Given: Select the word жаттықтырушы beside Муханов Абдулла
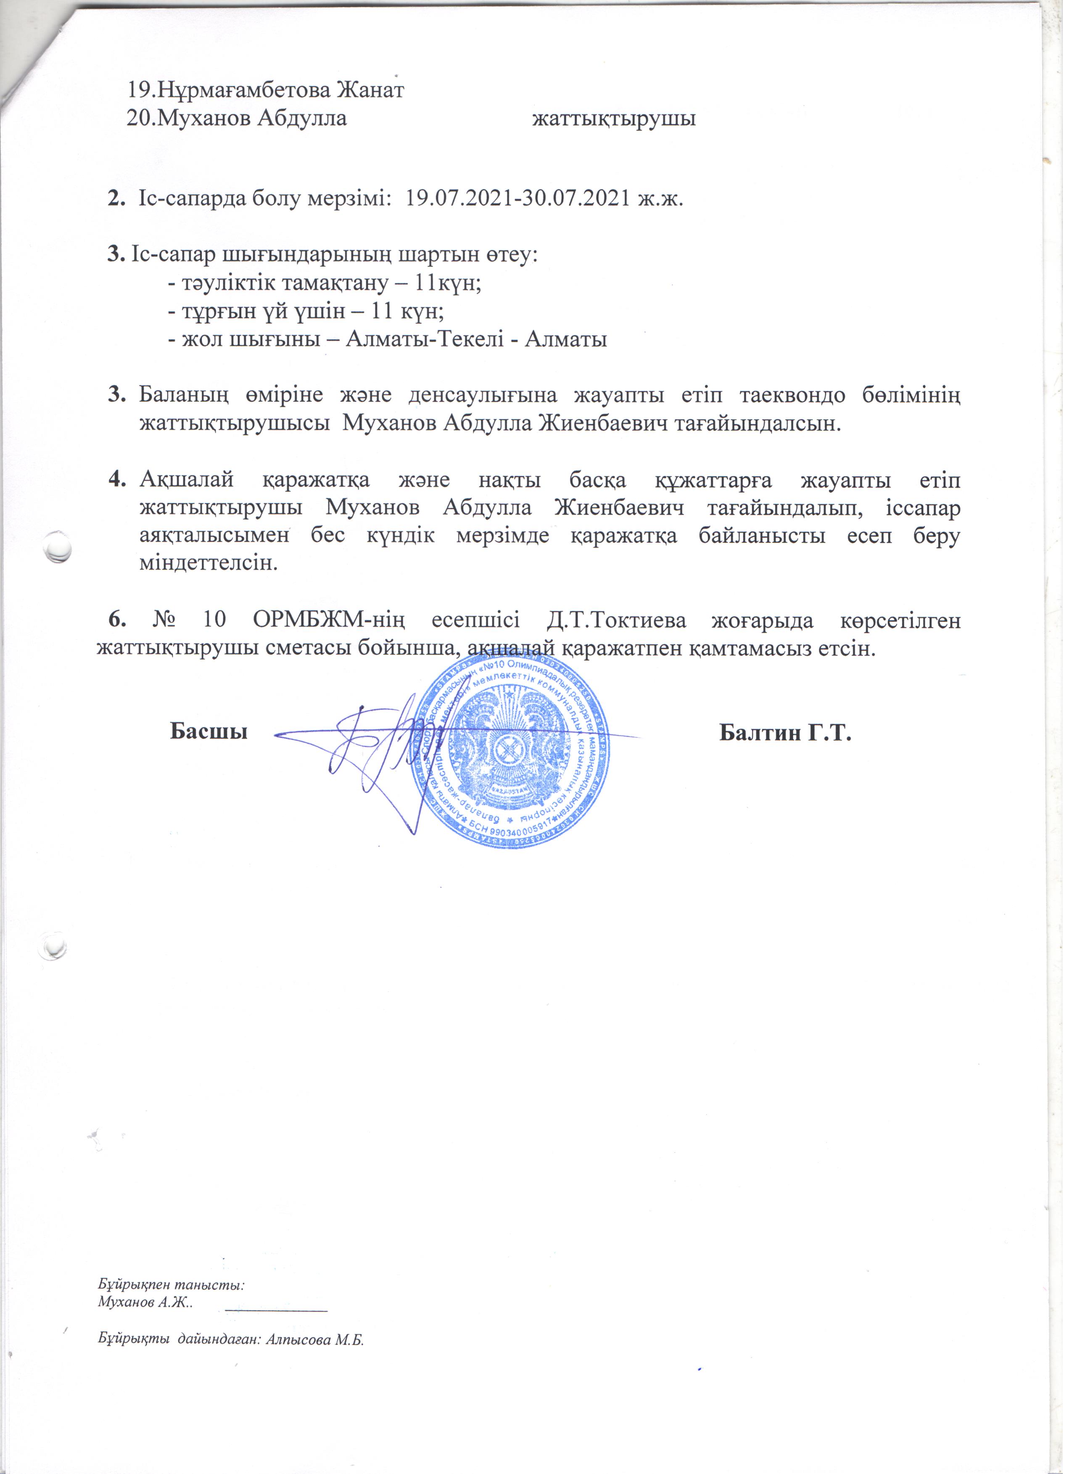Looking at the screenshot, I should (x=614, y=119).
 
